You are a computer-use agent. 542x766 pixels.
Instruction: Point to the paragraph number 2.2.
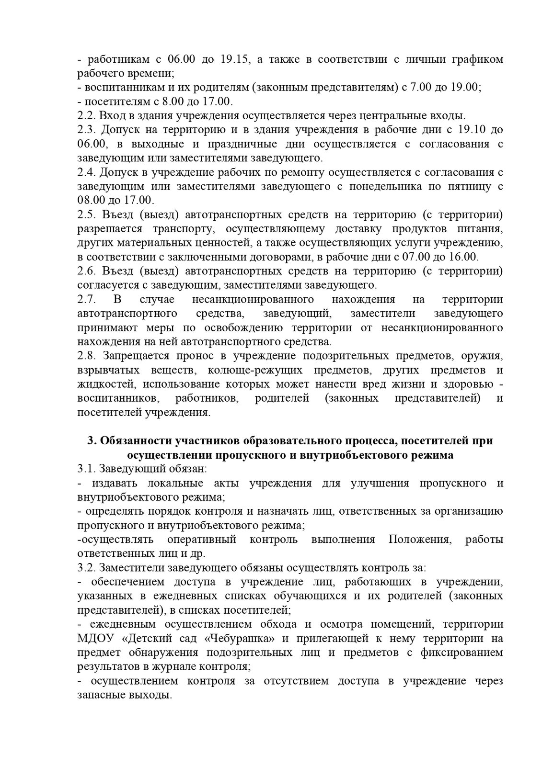[87, 115]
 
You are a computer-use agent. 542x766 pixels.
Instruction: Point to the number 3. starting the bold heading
[92, 441]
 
